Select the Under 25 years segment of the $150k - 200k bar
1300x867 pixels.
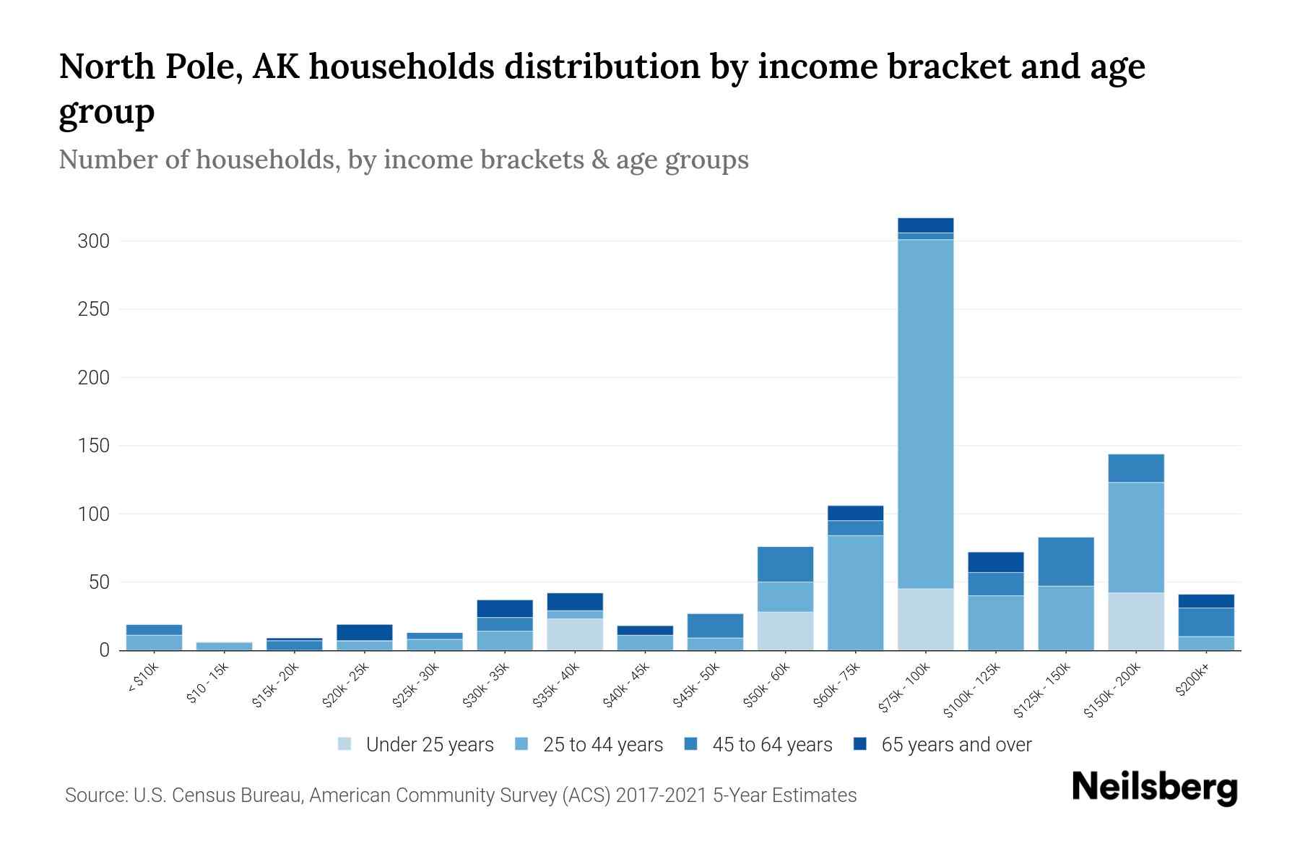click(x=1135, y=621)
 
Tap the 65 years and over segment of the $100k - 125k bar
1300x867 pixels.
click(x=995, y=562)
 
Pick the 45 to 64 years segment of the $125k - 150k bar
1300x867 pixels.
click(x=1065, y=561)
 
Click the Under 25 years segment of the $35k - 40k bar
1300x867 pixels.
click(x=575, y=634)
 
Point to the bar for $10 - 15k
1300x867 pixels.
click(x=224, y=646)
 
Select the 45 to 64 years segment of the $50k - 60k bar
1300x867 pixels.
click(x=785, y=564)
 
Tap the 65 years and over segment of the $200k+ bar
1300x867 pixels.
click(x=1205, y=601)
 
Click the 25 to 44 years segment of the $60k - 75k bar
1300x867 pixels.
click(x=855, y=592)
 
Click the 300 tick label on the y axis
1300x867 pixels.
click(x=93, y=241)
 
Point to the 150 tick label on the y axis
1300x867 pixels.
click(x=93, y=446)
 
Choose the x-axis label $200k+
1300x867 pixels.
click(x=1192, y=681)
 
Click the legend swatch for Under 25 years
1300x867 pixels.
click(x=345, y=744)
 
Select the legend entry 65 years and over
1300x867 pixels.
click(x=956, y=745)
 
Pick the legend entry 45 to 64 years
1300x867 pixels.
click(x=772, y=745)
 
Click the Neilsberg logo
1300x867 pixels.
click(x=1154, y=788)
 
